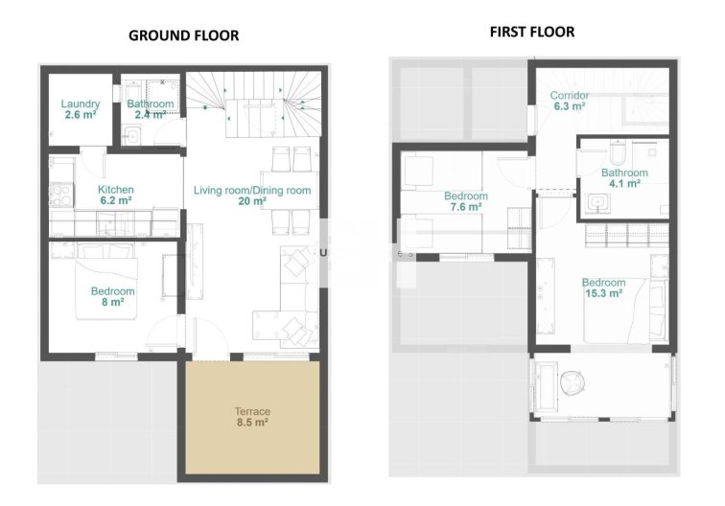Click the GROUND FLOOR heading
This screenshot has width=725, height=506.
[183, 35]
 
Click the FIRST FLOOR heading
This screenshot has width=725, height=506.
[532, 32]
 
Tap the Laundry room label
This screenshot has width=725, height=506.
[81, 103]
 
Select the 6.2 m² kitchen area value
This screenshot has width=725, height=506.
[116, 202]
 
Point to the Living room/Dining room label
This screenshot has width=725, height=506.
[252, 191]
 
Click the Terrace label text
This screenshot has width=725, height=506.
[252, 411]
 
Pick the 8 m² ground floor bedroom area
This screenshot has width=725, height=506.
[112, 302]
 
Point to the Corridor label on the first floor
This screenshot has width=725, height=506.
[569, 96]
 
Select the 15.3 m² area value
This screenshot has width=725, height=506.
[603, 293]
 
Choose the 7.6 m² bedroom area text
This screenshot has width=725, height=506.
[466, 207]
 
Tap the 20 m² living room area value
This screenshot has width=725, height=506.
[251, 202]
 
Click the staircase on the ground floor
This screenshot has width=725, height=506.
[253, 97]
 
